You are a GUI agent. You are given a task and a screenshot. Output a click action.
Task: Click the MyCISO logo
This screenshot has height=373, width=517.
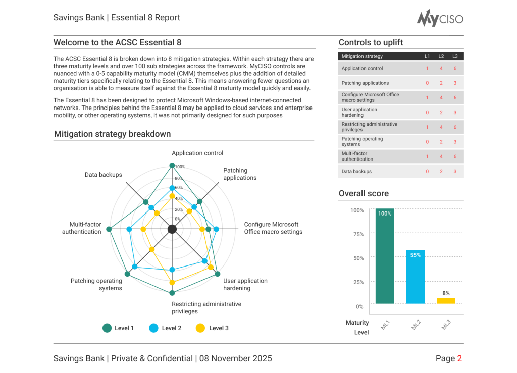(440, 18)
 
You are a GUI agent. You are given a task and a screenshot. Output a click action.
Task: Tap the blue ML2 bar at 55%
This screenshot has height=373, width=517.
(415, 277)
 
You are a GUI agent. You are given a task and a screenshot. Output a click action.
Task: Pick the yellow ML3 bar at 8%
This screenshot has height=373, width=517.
(446, 301)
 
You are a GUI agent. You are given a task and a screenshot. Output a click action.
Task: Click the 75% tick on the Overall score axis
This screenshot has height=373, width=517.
(357, 234)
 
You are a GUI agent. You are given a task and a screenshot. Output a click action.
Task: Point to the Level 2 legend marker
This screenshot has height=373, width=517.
(154, 328)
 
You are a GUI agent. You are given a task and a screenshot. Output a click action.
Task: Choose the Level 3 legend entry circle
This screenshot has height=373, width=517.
(200, 328)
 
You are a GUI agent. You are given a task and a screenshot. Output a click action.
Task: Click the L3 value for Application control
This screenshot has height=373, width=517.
(455, 69)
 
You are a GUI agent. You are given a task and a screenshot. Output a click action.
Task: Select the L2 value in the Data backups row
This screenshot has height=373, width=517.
(441, 172)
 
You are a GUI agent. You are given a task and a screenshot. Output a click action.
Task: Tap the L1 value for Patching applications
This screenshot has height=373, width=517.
(427, 83)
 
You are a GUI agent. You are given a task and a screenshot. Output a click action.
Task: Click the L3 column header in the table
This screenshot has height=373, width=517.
(455, 56)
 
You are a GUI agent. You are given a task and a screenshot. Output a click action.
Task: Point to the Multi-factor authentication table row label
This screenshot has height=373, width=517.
(357, 156)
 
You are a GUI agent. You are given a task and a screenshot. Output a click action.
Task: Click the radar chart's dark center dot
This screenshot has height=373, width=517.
(172, 230)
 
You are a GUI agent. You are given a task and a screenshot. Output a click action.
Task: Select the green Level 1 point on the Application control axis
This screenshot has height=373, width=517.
(172, 166)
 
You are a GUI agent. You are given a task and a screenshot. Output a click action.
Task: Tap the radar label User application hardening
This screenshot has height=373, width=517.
(245, 285)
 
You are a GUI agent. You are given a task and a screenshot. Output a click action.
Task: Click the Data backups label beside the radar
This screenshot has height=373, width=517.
(104, 175)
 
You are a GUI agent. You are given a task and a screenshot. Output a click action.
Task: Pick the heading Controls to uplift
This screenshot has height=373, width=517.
(371, 43)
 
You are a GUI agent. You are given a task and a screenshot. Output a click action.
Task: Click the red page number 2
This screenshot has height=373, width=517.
(459, 359)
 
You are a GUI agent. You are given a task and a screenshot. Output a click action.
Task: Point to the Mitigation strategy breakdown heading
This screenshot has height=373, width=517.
(112, 134)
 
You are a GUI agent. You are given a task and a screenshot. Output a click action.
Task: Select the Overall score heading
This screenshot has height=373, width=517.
(364, 194)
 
